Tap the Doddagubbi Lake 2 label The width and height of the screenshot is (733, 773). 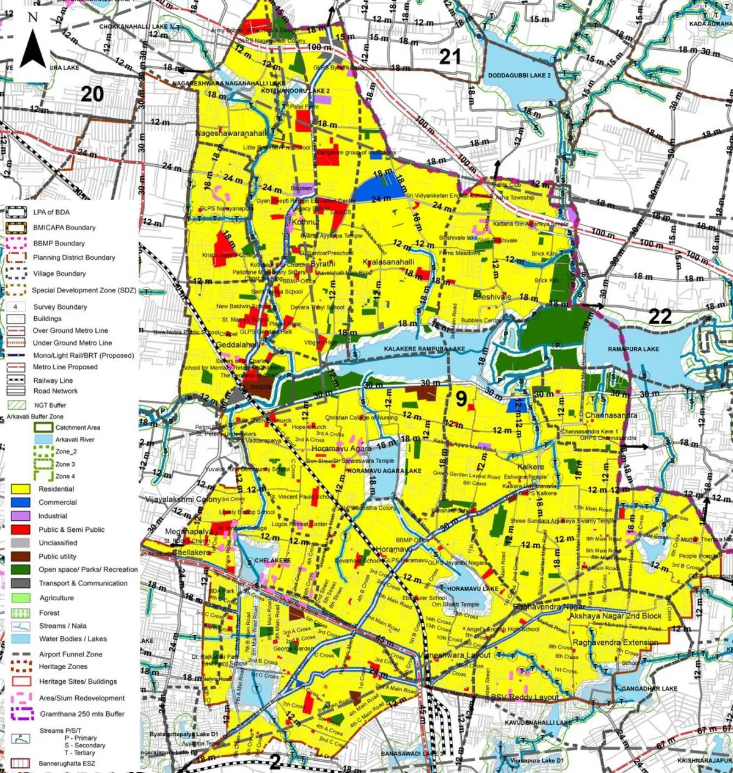point(519,76)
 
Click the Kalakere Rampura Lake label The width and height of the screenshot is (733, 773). point(424,349)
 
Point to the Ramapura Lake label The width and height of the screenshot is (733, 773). point(633,349)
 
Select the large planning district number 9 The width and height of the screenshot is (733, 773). point(462,399)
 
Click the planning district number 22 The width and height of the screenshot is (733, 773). point(660,316)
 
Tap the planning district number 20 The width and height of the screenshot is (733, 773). point(92,94)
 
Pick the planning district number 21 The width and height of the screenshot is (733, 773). point(450,57)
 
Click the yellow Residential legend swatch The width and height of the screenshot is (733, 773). point(20,489)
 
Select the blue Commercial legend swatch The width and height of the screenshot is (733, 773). point(20,503)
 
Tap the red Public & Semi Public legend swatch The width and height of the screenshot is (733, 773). point(20,529)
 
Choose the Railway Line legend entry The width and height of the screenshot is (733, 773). point(53,380)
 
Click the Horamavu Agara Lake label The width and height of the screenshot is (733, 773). point(384,471)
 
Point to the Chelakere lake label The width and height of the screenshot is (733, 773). point(272,560)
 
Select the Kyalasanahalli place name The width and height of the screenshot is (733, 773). point(388,262)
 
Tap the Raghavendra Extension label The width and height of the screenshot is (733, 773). point(615,642)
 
